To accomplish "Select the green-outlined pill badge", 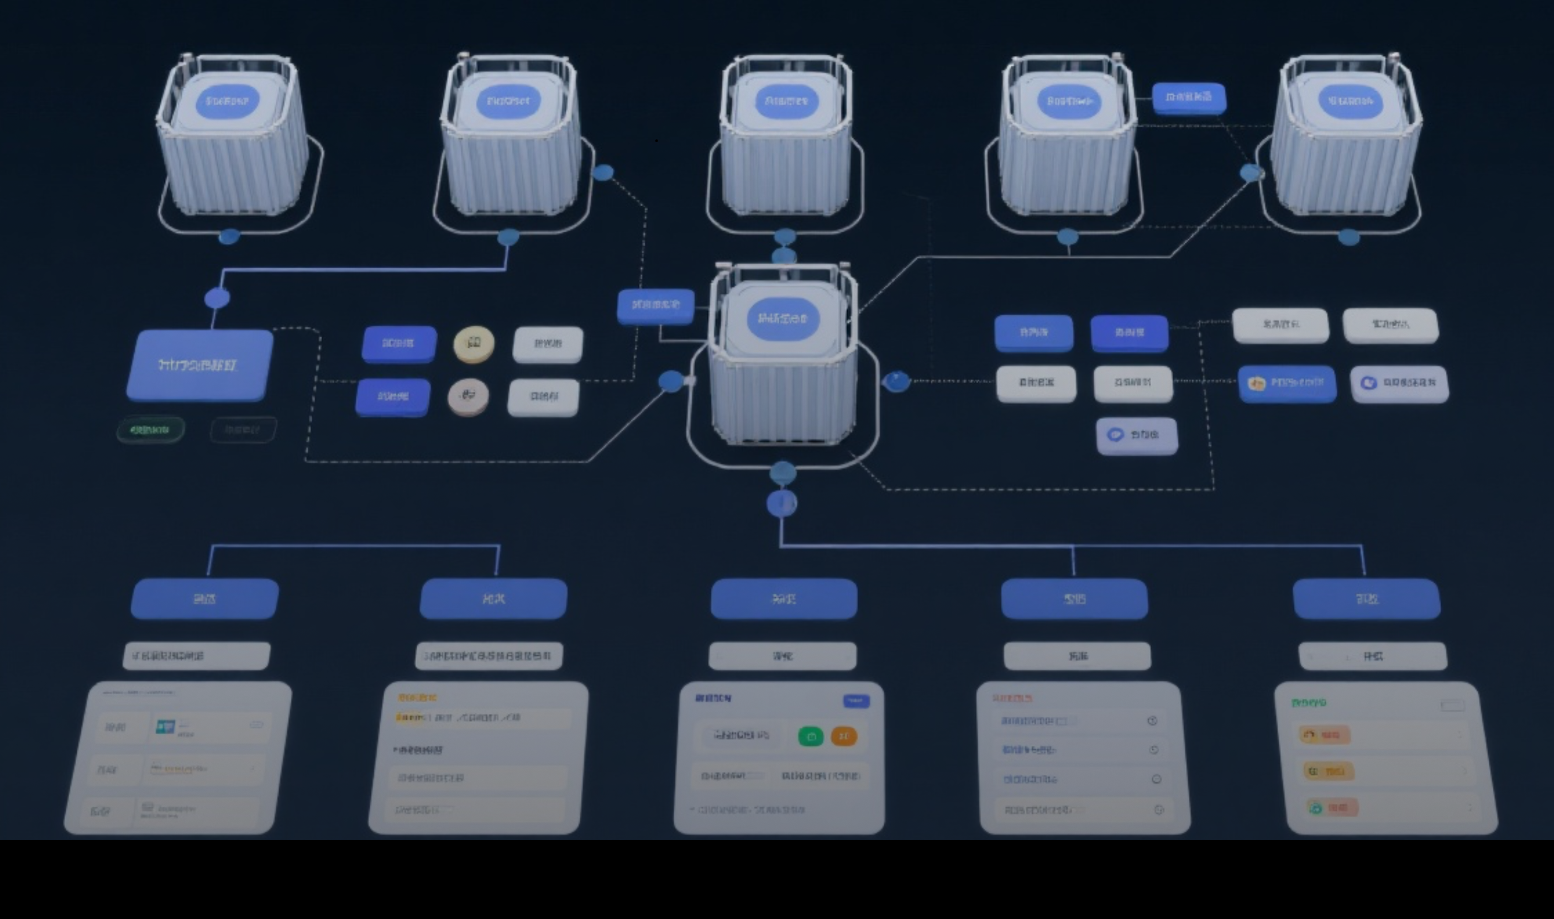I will click(150, 430).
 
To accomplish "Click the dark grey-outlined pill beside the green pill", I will click(243, 430).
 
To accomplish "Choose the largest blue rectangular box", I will click(200, 365).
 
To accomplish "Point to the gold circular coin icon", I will click(474, 344).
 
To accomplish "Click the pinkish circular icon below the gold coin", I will click(468, 396).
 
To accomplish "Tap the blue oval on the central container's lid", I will click(783, 319).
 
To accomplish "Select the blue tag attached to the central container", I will click(655, 305).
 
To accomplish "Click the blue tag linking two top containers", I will click(1188, 98).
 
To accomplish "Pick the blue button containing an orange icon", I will click(1287, 383).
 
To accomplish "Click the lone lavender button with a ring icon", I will click(1137, 435).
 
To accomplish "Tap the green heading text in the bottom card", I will click(1309, 703).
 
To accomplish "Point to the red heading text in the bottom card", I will click(1012, 698).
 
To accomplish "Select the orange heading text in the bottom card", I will click(418, 697).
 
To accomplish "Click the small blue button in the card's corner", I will click(856, 701).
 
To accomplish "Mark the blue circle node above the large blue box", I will click(217, 298).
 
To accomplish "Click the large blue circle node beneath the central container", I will click(781, 503).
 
